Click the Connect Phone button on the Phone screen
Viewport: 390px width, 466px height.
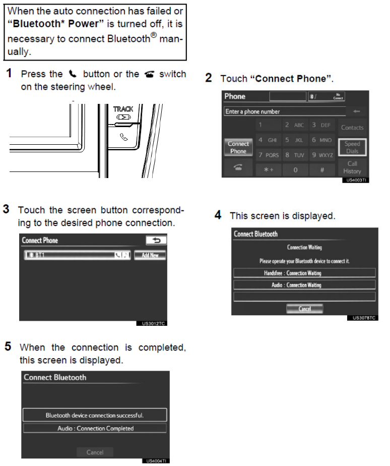point(238,147)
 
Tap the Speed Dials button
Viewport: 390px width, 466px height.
point(352,147)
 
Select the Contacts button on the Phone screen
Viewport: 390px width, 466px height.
point(352,128)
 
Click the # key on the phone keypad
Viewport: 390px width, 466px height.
point(321,170)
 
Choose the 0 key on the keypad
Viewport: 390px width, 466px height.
point(295,170)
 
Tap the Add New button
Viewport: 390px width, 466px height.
point(150,255)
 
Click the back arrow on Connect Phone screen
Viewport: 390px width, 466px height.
point(156,241)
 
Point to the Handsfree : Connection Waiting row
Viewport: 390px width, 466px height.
point(304,273)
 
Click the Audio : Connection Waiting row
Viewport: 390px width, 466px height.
point(304,285)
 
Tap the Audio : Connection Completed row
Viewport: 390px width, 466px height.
point(95,428)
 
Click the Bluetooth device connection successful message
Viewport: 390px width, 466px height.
point(95,415)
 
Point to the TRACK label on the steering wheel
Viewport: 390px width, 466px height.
point(123,109)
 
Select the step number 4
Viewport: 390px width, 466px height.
point(218,215)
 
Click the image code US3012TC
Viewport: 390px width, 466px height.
point(154,323)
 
